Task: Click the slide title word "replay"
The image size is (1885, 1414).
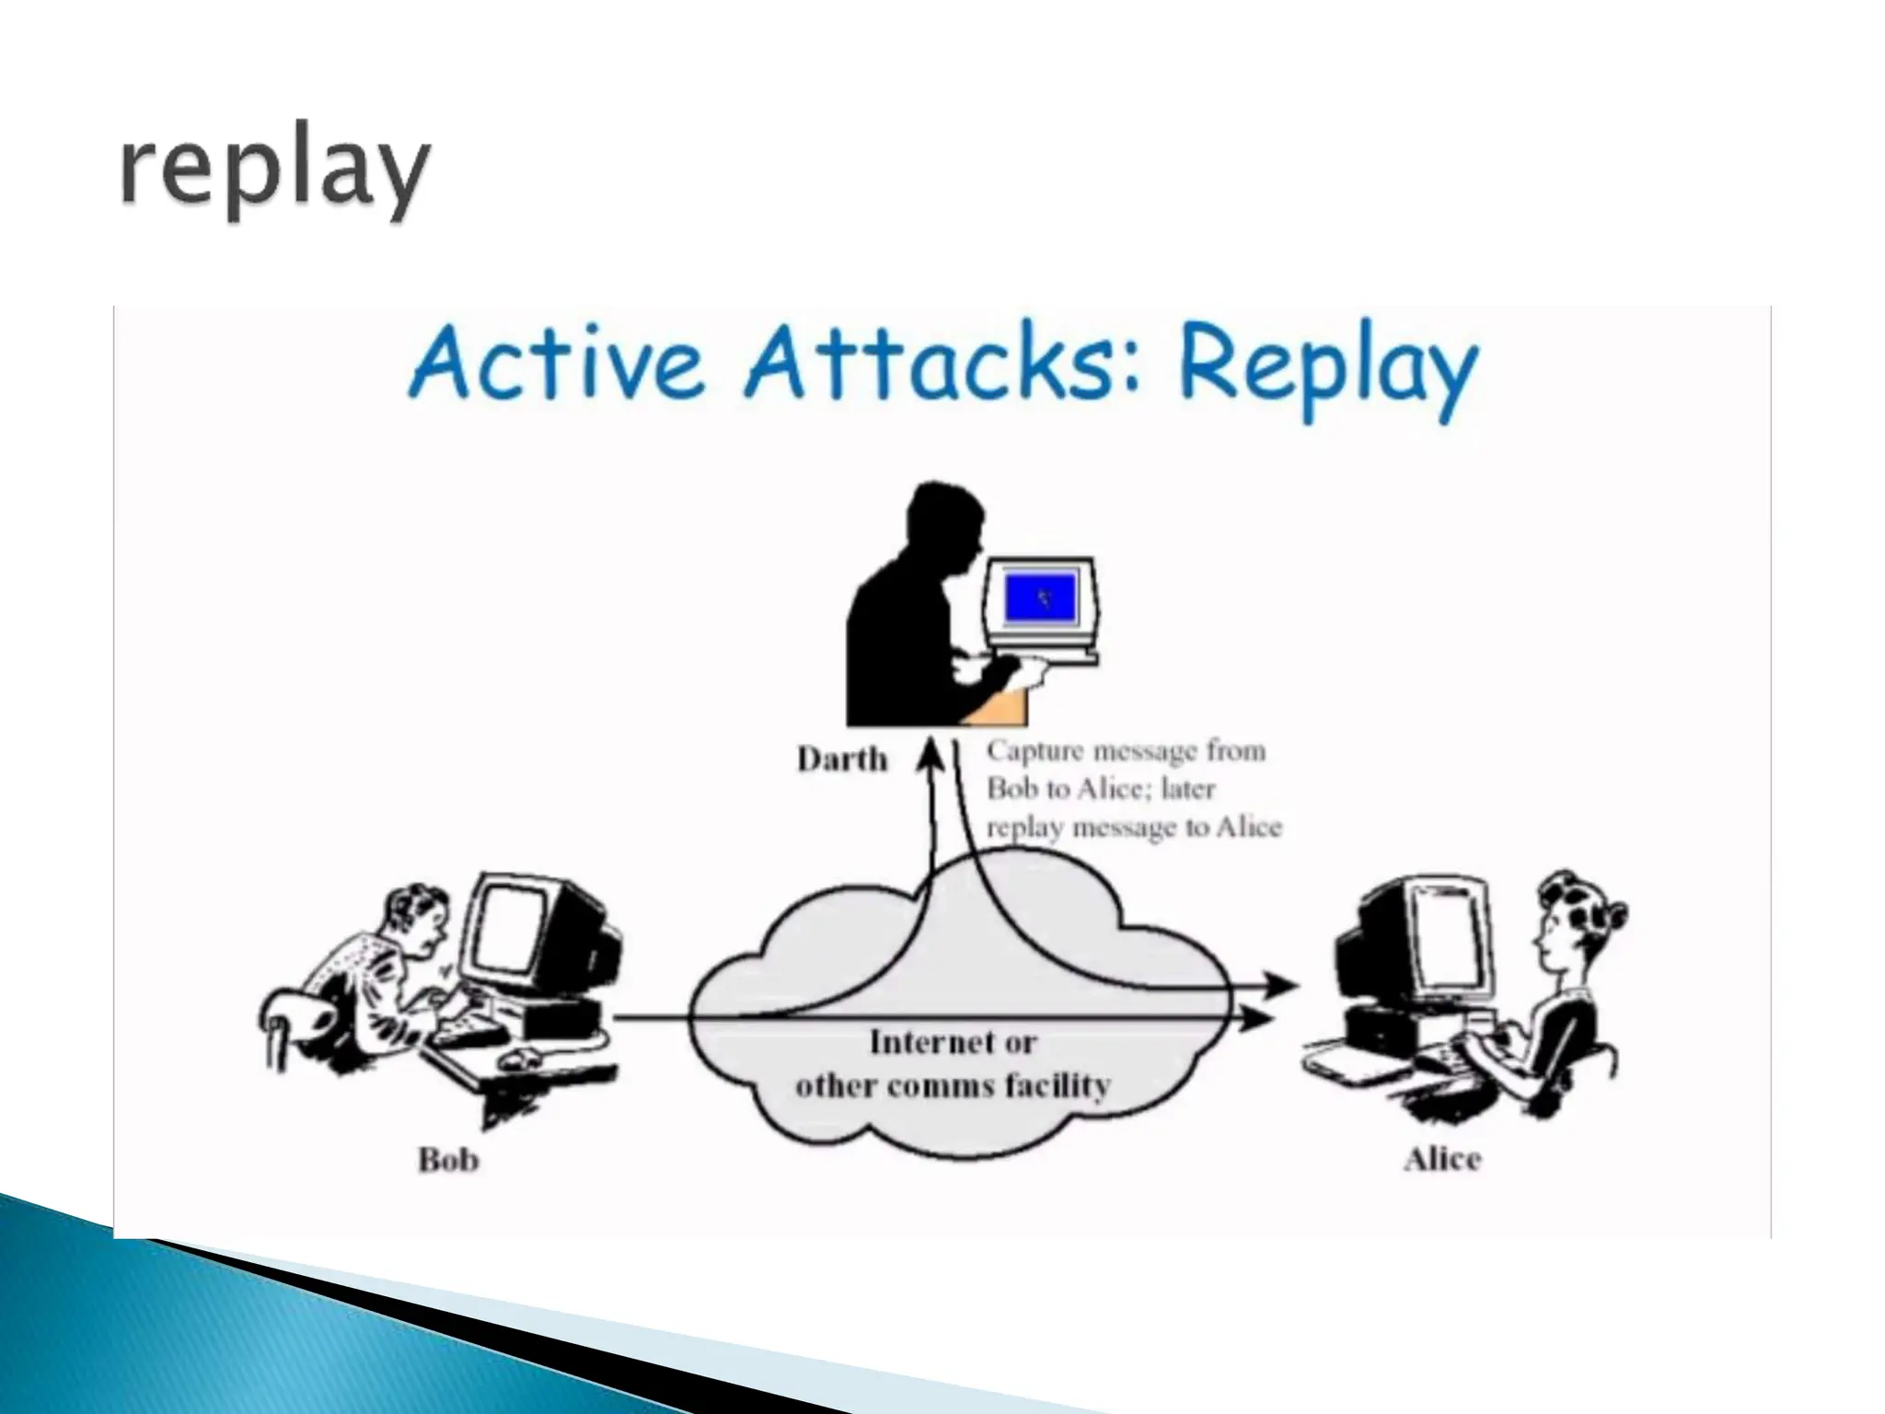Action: (x=274, y=172)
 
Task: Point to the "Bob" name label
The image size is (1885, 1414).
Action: (x=448, y=1159)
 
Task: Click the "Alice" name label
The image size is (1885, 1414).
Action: (x=1442, y=1159)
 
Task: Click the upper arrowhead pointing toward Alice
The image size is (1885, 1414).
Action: (x=1280, y=986)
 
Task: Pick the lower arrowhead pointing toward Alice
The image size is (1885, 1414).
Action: (x=1257, y=1019)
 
